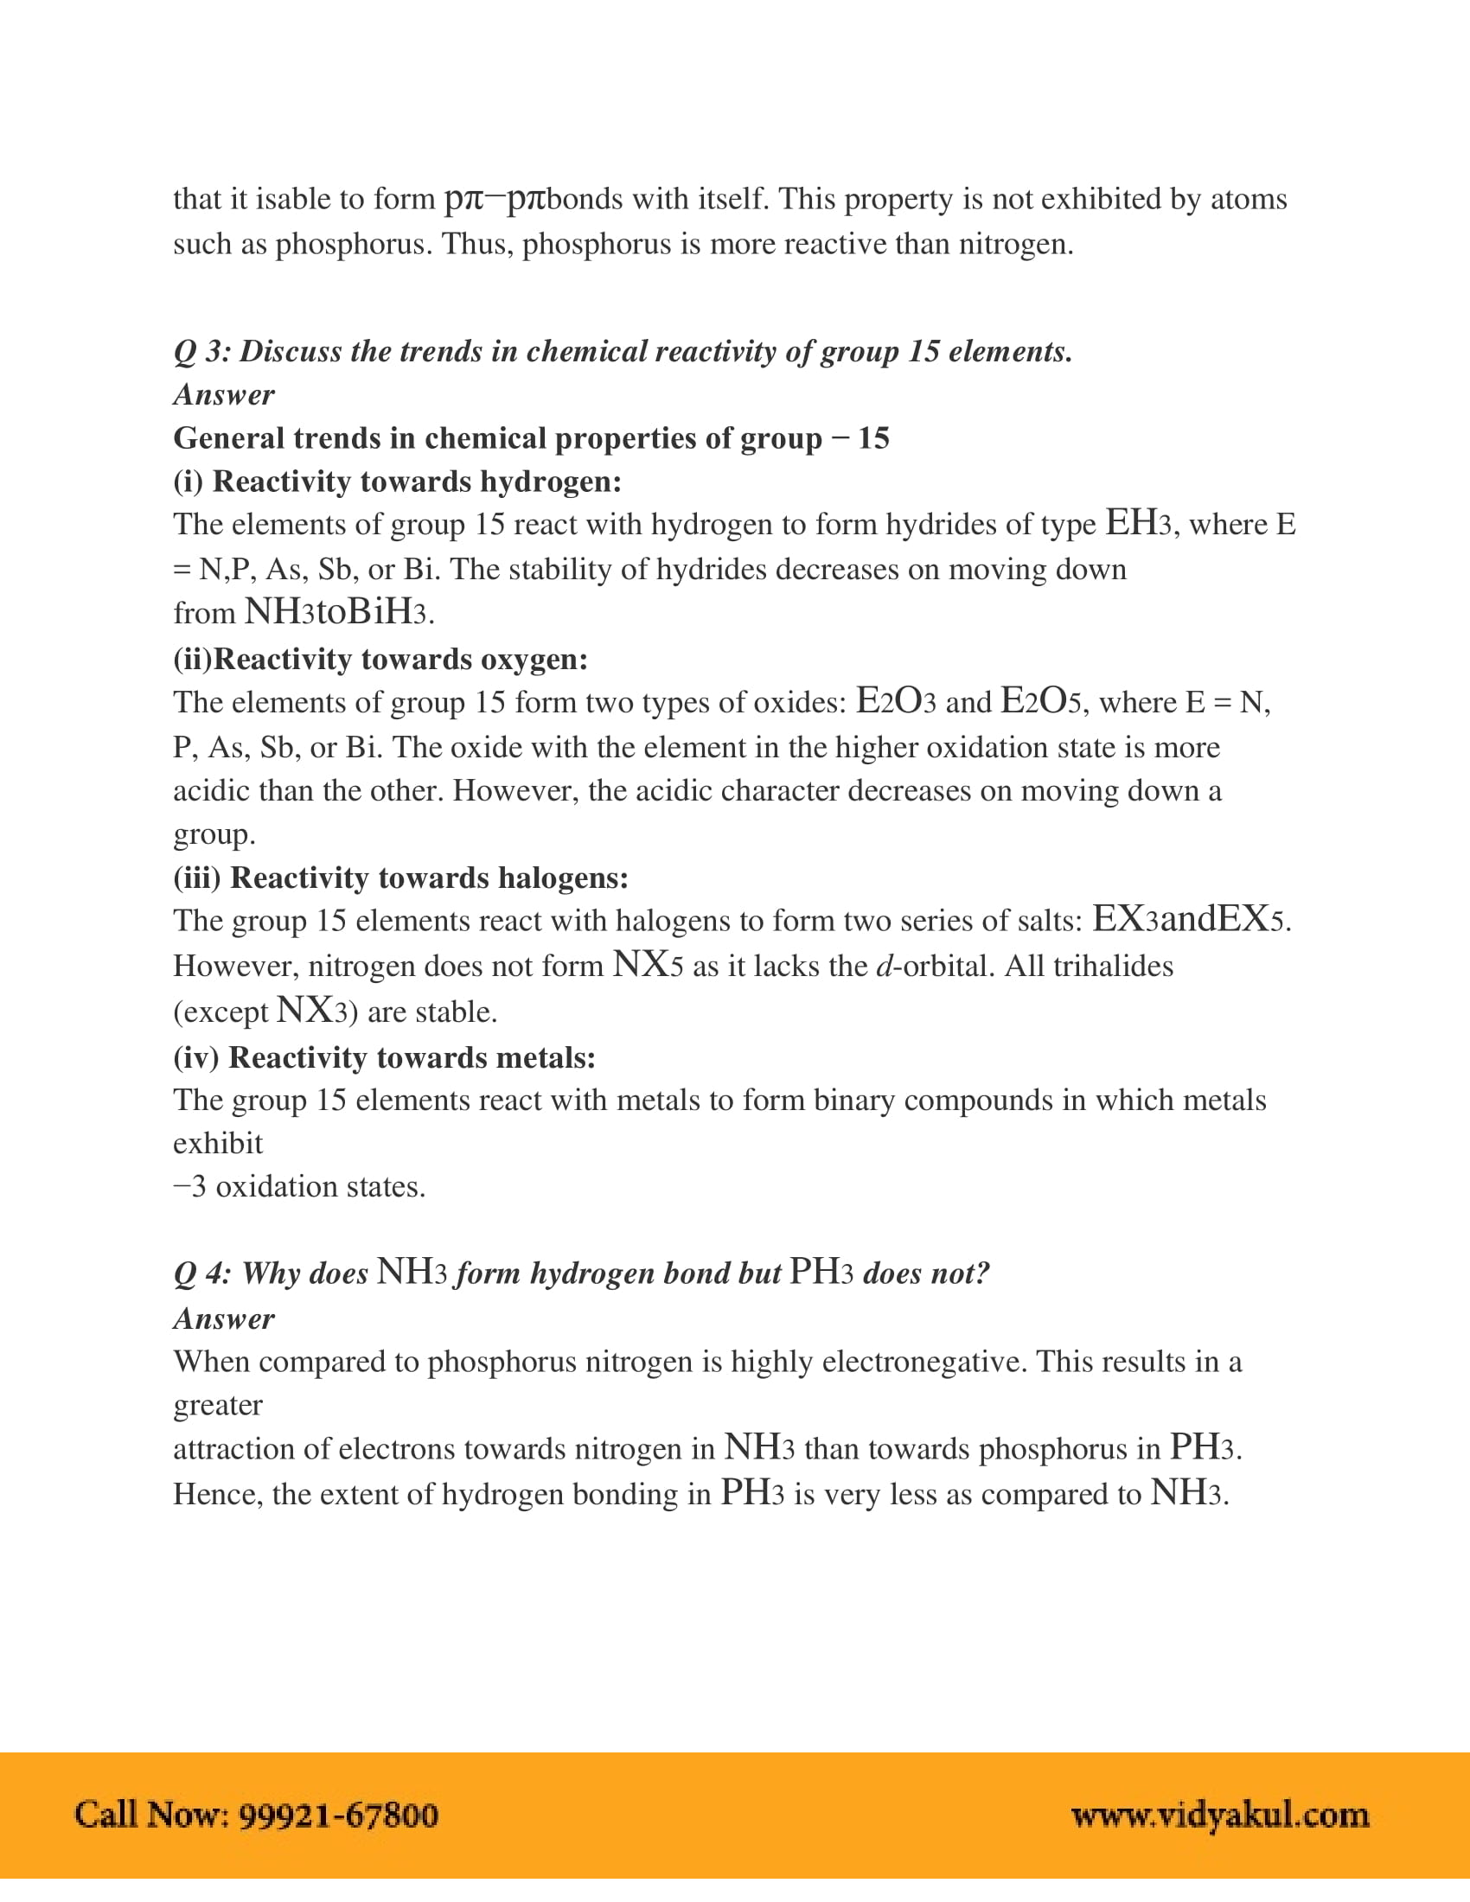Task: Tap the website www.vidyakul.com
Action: (1220, 1815)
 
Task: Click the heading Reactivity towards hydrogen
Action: (416, 482)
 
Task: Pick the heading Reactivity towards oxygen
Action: (399, 660)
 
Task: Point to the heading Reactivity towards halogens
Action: (427, 878)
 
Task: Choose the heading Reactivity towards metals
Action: (411, 1057)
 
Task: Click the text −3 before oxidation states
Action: (190, 1186)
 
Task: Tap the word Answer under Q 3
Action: (224, 394)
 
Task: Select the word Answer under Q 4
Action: (224, 1318)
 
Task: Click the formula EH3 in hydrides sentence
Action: (1137, 523)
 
